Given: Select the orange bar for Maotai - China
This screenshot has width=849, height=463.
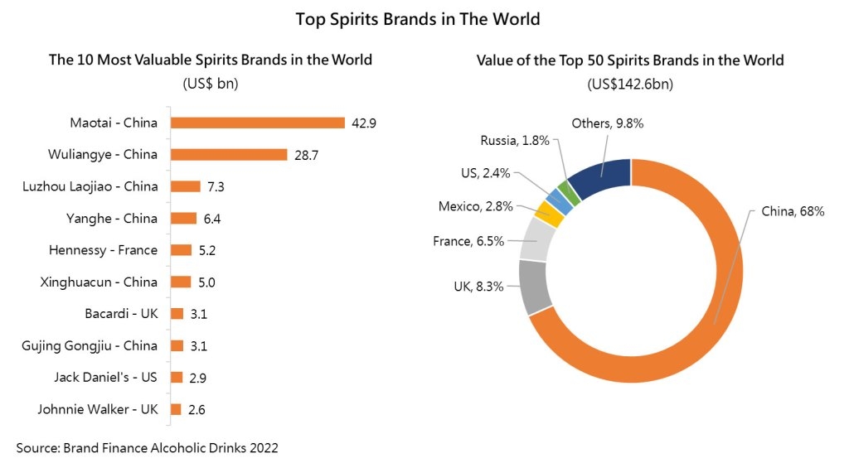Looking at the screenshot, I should tap(257, 123).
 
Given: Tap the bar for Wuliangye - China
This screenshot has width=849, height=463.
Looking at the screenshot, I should tap(228, 154).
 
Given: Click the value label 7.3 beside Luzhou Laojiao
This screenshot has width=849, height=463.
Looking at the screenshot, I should tap(216, 186).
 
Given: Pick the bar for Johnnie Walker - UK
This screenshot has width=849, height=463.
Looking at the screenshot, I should tap(176, 408).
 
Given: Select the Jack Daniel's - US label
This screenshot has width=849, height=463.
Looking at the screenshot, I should tap(106, 377).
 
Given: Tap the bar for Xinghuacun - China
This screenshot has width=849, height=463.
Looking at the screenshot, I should tap(180, 282).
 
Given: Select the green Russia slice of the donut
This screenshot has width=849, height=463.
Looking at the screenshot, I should tap(567, 192).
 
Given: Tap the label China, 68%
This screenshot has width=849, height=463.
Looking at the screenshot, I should tap(793, 212).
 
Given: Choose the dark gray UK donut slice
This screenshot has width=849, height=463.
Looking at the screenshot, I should tap(534, 286).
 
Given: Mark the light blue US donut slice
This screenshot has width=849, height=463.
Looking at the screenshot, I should tap(555, 201).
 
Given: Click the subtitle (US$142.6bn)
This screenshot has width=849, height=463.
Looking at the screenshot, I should tap(630, 84).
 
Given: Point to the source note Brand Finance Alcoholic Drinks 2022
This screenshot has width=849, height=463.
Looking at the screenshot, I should tap(147, 447).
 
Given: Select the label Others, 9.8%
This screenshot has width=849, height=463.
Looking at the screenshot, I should tap(608, 123).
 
